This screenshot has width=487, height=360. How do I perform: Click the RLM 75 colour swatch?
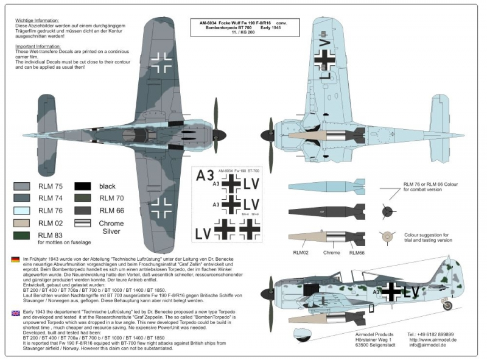coord(24,186)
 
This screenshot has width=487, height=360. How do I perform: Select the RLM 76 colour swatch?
coord(24,210)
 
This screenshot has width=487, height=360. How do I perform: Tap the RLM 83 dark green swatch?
coord(24,235)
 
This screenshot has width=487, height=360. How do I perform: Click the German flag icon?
coord(15,260)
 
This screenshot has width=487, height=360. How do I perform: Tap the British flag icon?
coord(15,313)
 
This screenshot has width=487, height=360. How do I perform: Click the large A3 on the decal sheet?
coord(206,176)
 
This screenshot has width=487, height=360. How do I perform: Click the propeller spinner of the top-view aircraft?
coord(223,132)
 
